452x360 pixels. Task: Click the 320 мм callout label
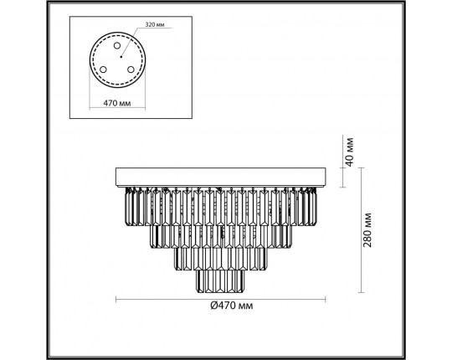point(155,25)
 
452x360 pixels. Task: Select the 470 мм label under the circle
point(116,103)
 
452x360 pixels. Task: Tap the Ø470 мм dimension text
point(232,306)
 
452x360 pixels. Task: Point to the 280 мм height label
point(367,230)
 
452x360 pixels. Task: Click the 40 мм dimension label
point(349,152)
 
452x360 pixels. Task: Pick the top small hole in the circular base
point(117,45)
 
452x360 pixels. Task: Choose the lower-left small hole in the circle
point(103,69)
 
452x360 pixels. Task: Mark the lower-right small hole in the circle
point(131,69)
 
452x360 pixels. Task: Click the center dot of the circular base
point(121,57)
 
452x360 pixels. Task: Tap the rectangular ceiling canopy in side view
point(220,177)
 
